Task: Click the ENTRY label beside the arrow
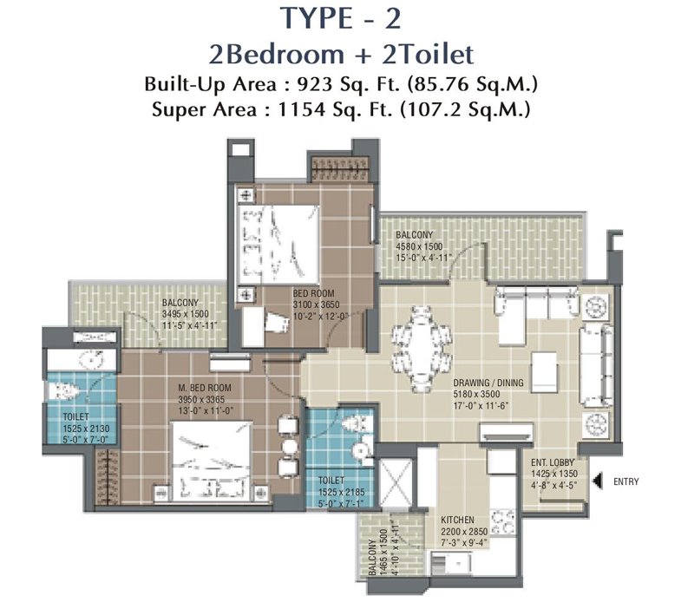click(625, 481)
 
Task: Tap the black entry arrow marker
click(598, 481)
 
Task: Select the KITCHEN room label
click(457, 520)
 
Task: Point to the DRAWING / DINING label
click(488, 383)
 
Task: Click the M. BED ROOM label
click(205, 388)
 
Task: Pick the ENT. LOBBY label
click(553, 462)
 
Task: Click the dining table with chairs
click(422, 350)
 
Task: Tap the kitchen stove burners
click(503, 521)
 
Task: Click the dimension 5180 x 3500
click(476, 394)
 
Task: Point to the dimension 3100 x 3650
click(316, 305)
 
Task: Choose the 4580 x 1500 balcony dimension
click(419, 246)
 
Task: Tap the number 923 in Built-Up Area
click(314, 83)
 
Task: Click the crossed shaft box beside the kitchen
click(396, 483)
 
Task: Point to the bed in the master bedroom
click(212, 462)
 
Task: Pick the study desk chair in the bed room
click(278, 321)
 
